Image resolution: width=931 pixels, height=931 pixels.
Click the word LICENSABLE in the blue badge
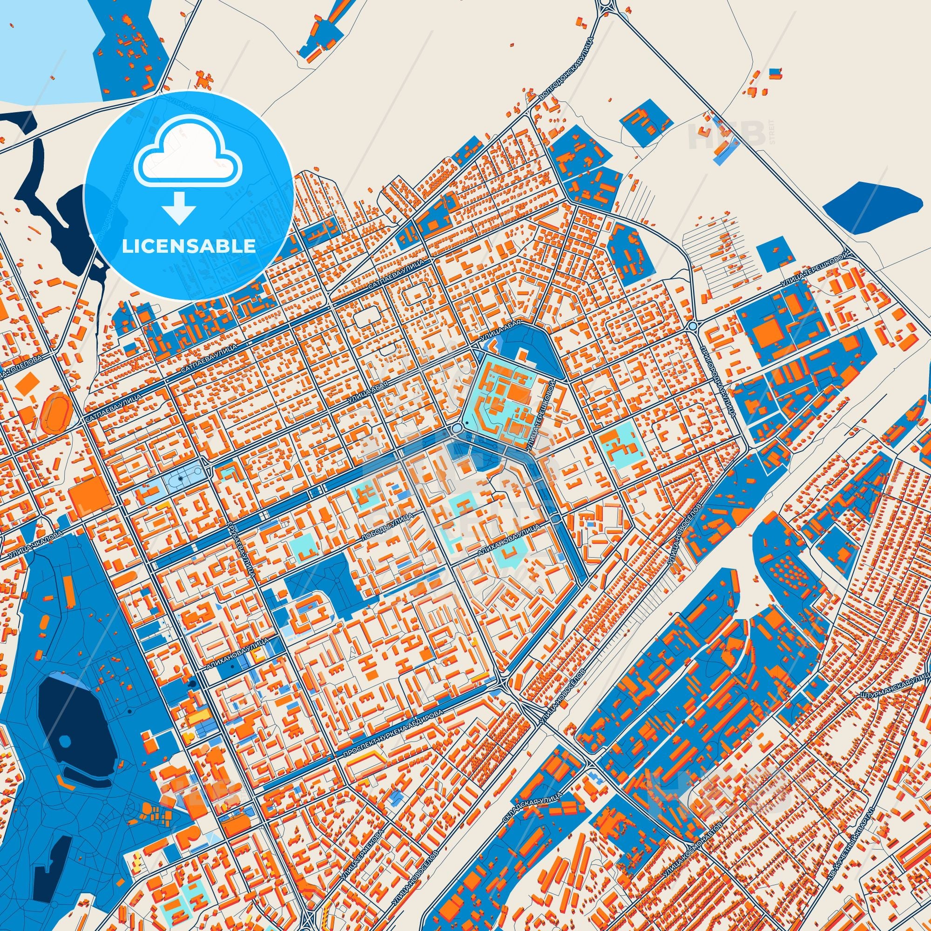pos(189,246)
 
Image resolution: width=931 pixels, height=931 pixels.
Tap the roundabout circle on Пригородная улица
pos(693,326)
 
